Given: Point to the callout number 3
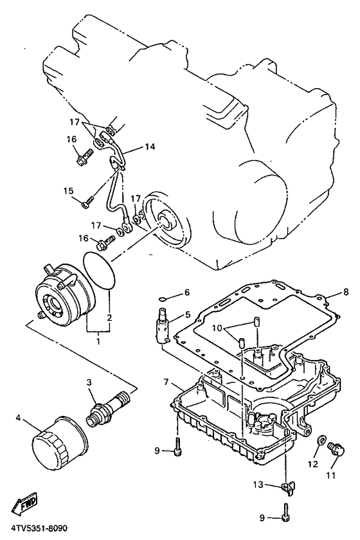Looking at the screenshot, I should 90,383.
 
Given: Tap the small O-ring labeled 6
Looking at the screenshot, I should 164,299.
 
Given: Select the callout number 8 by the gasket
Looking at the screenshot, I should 327,291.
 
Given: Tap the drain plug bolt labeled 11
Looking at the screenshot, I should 334,450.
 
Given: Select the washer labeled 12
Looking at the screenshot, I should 319,441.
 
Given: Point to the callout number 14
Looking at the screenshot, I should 149,147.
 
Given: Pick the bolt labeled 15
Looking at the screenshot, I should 90,201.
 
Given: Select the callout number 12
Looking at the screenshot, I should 312,464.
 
